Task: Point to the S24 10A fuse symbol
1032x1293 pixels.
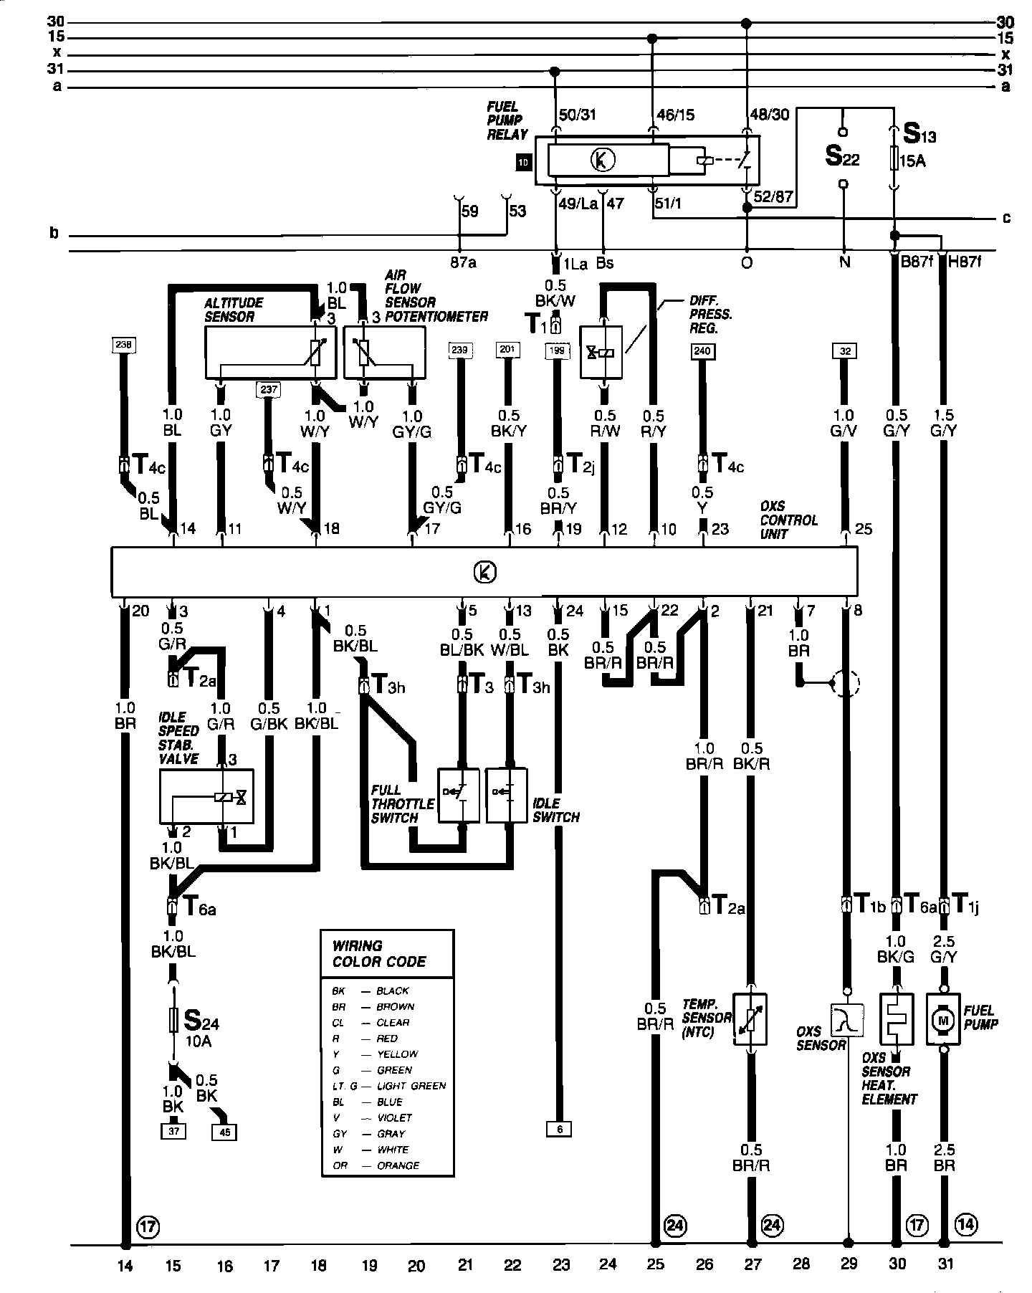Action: (173, 1020)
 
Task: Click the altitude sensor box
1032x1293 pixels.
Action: (270, 352)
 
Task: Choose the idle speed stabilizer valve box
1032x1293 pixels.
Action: (206, 797)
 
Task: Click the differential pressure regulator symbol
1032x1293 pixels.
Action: (601, 352)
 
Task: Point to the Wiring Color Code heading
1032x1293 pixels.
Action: (380, 954)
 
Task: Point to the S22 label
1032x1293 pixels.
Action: (841, 156)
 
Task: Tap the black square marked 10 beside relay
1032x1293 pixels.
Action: (523, 163)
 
